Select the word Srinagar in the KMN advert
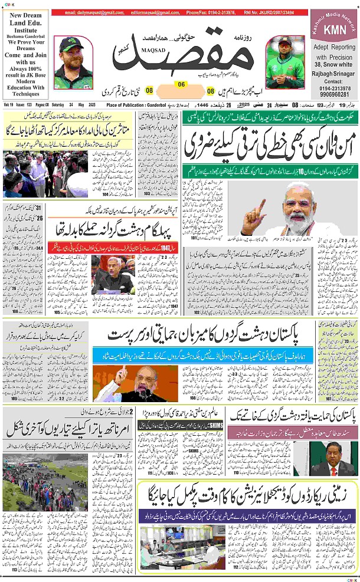(x=343, y=73)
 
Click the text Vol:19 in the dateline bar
(x=9, y=104)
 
